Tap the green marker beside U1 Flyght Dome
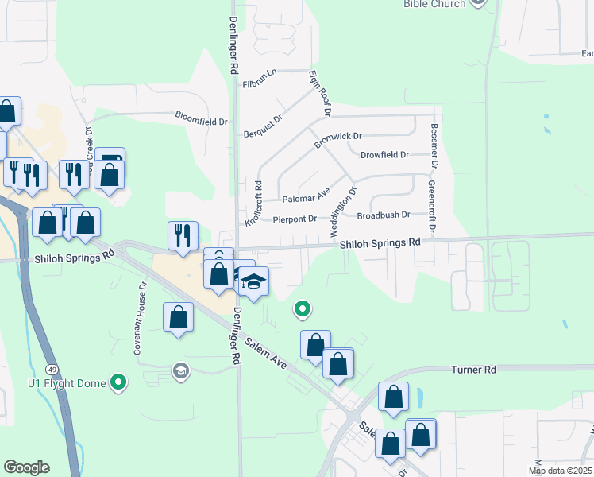pyautogui.click(x=118, y=383)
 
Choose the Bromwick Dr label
pyautogui.click(x=337, y=140)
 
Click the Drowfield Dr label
pyautogui.click(x=384, y=155)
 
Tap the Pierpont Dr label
pyautogui.click(x=295, y=219)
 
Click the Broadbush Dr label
pyautogui.click(x=383, y=215)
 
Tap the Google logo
pyautogui.click(x=25, y=467)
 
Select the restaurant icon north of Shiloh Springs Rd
pyautogui.click(x=183, y=235)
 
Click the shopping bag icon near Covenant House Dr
pyautogui.click(x=179, y=317)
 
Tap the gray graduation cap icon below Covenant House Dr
pyautogui.click(x=180, y=370)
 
